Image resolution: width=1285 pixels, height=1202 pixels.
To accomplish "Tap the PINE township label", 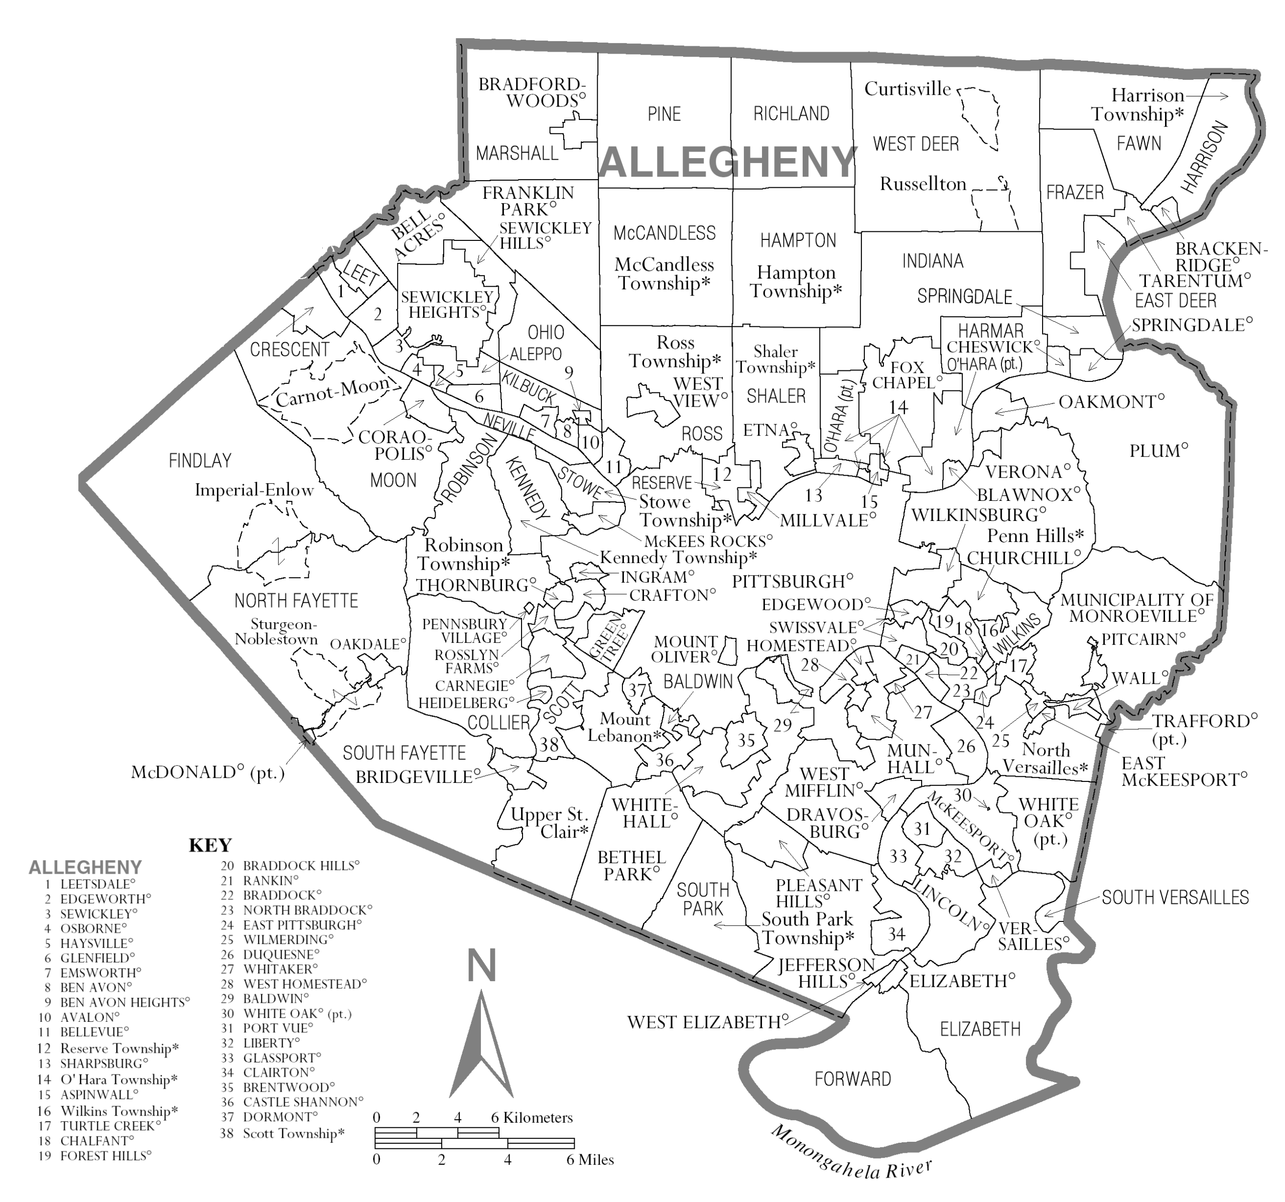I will tap(664, 114).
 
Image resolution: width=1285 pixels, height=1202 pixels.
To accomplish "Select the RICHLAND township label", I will tap(791, 114).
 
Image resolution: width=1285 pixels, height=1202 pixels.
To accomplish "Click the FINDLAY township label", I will tap(200, 461).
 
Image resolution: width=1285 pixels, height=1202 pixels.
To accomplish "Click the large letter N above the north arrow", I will tap(481, 966).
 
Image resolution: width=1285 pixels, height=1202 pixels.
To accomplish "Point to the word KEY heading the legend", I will tap(210, 845).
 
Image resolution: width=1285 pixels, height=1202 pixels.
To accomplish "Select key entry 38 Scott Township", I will tap(283, 1134).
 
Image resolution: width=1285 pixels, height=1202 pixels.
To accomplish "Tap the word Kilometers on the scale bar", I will tap(538, 1117).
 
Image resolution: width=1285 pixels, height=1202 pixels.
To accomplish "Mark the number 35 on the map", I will tap(746, 740).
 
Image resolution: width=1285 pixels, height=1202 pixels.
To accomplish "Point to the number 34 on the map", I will tap(896, 934).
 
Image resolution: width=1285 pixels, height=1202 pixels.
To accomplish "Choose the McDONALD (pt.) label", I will tap(207, 773).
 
